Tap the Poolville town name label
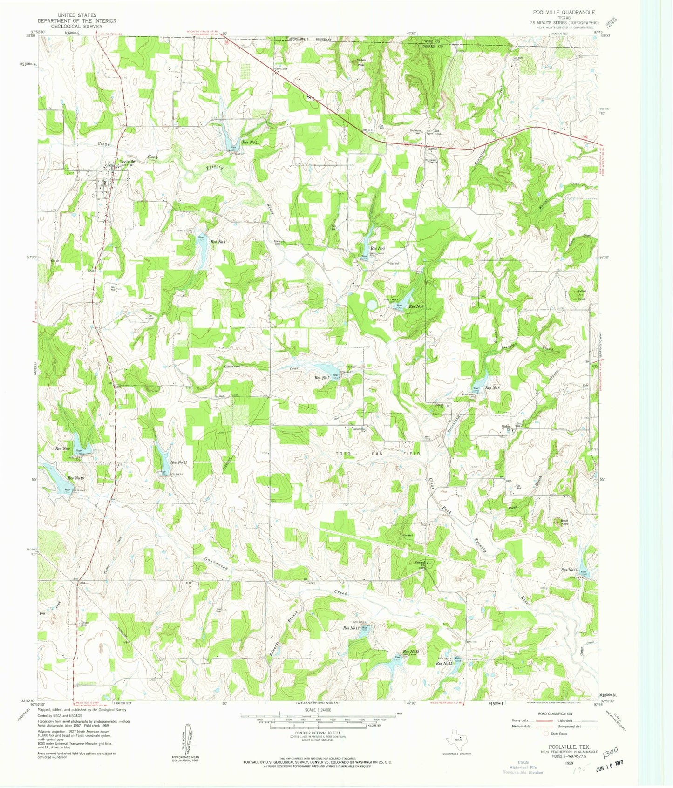[x=128, y=162]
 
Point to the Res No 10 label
[x=76, y=478]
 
